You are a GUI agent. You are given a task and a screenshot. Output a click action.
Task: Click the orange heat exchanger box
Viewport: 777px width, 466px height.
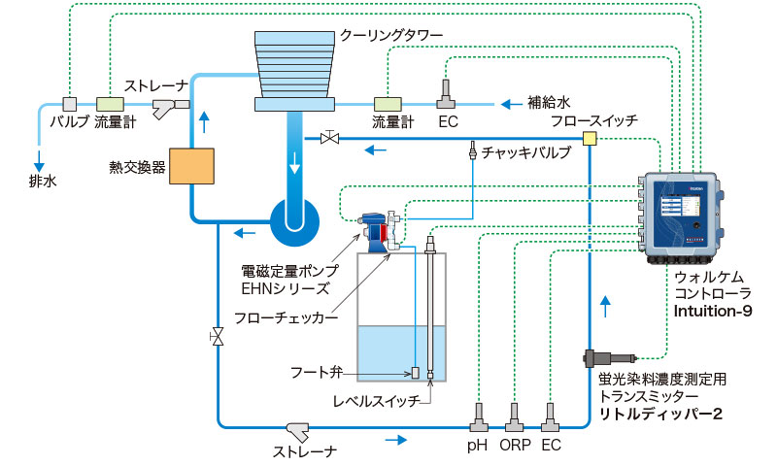190,166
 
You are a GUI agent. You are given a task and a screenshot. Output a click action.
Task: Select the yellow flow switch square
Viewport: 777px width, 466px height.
590,140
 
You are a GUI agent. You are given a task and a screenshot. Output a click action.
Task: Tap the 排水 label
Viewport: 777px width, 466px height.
43,179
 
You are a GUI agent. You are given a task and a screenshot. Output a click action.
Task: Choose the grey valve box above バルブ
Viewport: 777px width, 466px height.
70,103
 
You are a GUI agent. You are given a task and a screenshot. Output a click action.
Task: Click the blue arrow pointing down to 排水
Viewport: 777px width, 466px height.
42,155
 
